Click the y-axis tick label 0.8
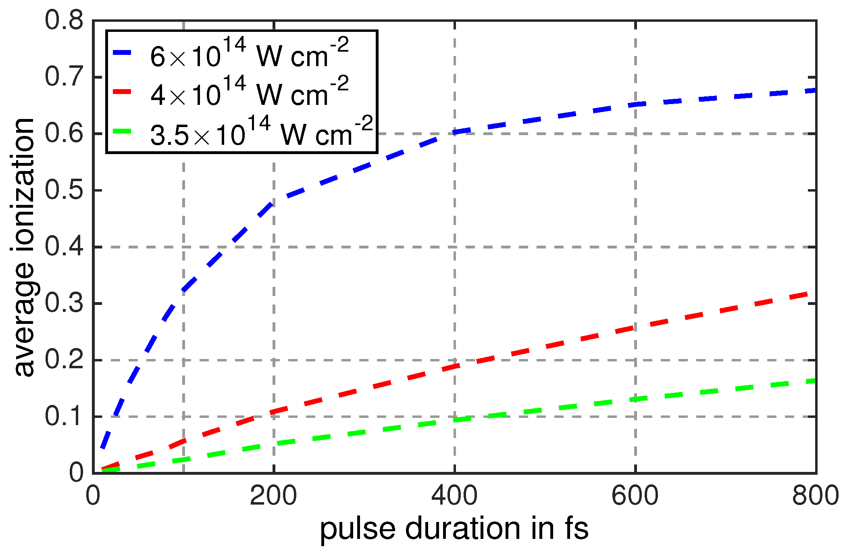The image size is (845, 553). (64, 20)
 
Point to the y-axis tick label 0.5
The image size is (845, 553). (64, 190)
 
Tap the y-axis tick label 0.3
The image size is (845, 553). (64, 303)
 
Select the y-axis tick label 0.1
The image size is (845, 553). (64, 416)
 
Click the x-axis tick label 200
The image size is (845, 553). (273, 496)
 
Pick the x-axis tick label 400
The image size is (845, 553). (454, 496)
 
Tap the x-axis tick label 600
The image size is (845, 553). (635, 496)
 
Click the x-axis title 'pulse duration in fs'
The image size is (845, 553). (454, 529)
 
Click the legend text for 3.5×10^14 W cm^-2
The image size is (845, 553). (261, 131)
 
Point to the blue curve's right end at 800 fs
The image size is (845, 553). (814, 91)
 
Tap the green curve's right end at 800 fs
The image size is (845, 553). (814, 380)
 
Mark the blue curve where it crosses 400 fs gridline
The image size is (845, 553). (454, 132)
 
